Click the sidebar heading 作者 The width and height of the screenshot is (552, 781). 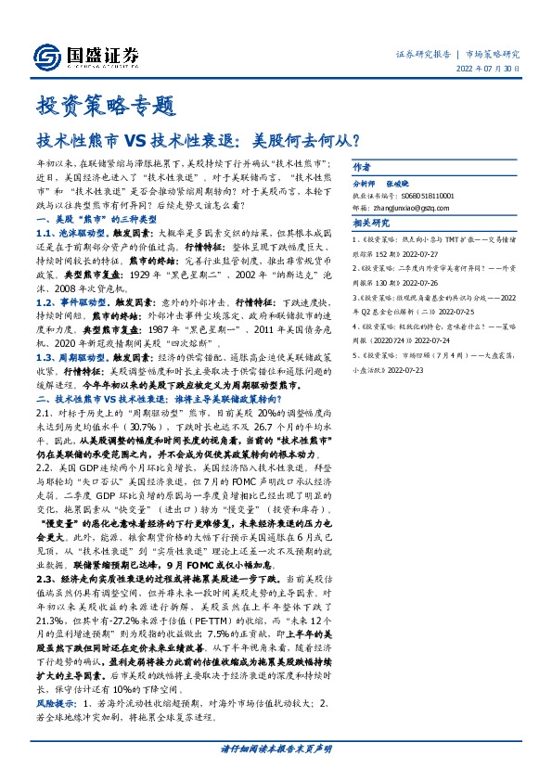(x=361, y=168)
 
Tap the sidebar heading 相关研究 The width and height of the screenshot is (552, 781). (x=369, y=224)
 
